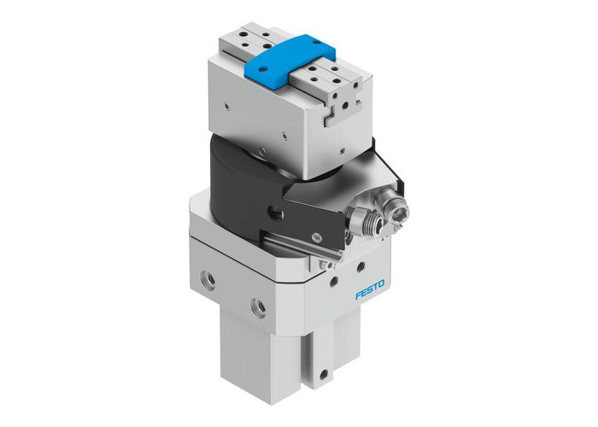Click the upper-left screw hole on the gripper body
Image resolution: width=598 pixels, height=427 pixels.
coord(225,107)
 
